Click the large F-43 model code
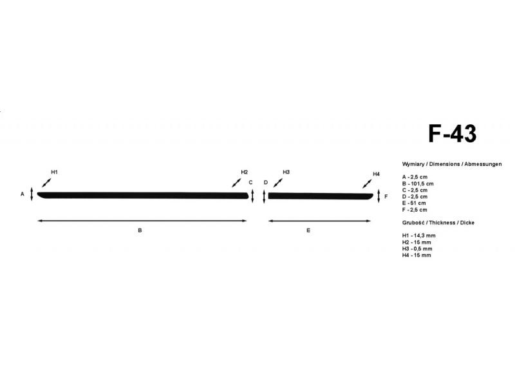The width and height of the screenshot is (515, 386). (x=453, y=133)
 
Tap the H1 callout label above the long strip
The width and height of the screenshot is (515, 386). (x=54, y=172)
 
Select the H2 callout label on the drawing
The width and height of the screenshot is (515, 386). (x=245, y=172)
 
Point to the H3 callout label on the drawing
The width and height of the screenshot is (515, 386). (x=286, y=172)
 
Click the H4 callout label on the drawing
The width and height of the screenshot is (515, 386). (x=376, y=174)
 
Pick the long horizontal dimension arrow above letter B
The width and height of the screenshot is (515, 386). (x=142, y=221)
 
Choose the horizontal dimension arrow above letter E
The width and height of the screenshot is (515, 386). (x=319, y=221)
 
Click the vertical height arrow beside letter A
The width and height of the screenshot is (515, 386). (x=32, y=194)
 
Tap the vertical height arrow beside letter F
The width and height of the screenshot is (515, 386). (x=379, y=196)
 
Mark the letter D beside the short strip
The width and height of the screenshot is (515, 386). (x=266, y=183)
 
